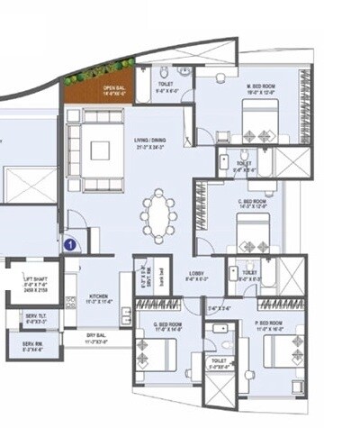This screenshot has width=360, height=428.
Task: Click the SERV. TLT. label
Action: [36, 317]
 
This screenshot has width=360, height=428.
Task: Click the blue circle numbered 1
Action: [70, 242]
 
